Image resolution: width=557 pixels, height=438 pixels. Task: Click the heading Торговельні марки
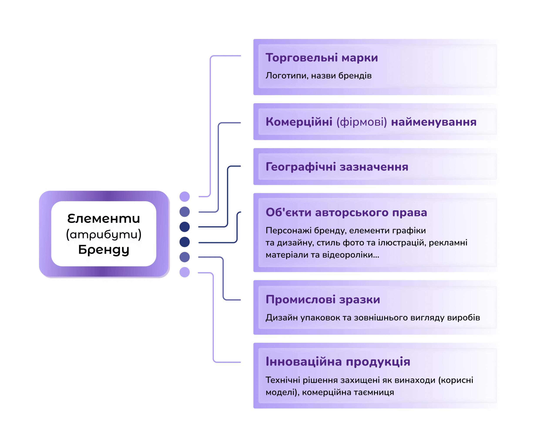[322, 57]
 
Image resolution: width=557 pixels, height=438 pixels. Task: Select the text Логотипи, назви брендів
[318, 76]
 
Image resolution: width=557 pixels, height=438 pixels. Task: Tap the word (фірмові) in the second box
[362, 122]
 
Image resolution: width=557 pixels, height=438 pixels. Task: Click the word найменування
[433, 122]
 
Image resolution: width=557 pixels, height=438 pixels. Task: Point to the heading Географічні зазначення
[337, 167]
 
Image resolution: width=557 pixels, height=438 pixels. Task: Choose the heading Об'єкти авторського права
[346, 212]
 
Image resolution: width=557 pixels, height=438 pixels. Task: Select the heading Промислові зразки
[323, 299]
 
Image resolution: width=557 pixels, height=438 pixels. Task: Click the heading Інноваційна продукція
[338, 361]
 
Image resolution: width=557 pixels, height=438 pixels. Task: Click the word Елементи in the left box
[104, 219]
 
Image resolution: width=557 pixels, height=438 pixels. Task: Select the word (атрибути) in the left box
[104, 234]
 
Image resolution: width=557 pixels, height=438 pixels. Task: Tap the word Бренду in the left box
[104, 250]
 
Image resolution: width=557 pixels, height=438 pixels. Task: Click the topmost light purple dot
[185, 197]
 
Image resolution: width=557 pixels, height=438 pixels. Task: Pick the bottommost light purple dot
[185, 272]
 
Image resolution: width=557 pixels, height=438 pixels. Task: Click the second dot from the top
[185, 212]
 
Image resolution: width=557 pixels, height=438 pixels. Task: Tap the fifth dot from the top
[185, 257]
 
